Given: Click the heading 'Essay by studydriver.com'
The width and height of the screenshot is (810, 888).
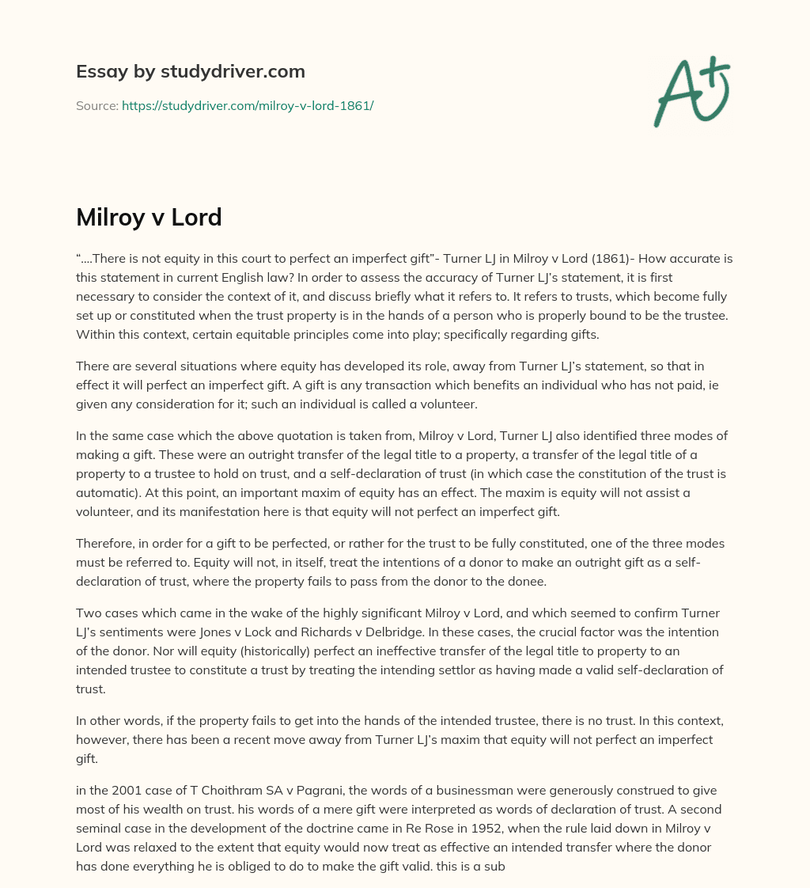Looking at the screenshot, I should pos(190,71).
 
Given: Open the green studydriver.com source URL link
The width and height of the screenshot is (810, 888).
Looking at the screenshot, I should pos(248,105).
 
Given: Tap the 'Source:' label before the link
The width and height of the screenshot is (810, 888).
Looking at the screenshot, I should pos(97,105).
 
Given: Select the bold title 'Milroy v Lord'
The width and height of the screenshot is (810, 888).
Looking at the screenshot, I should pos(149,218).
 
